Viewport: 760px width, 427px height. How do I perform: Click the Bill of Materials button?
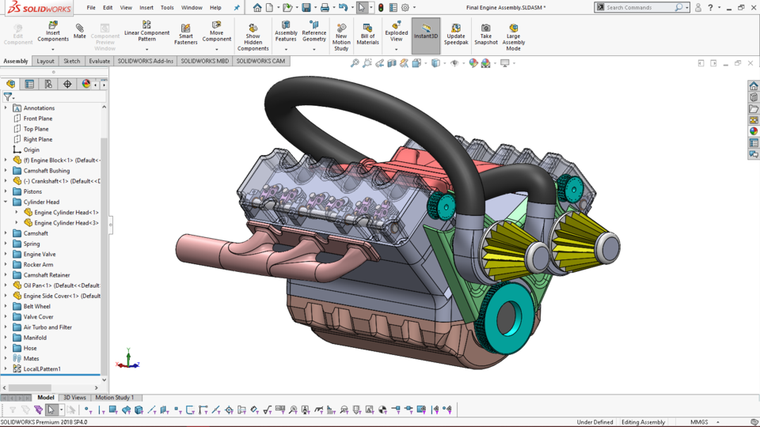(x=367, y=32)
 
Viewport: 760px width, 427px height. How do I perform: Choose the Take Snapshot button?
(x=486, y=32)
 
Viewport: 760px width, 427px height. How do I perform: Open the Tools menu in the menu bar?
(x=167, y=7)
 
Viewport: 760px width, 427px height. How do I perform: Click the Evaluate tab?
(x=100, y=61)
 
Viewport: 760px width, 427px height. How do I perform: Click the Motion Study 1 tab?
(x=115, y=398)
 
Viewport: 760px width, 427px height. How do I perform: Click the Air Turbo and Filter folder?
(x=47, y=327)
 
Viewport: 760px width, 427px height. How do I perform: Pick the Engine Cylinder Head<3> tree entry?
(x=66, y=223)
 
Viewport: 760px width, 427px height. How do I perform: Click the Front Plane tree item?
(x=38, y=119)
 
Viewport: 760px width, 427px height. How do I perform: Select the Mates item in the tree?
(x=31, y=358)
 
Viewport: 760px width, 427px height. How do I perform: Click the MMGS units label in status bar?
(x=699, y=422)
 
